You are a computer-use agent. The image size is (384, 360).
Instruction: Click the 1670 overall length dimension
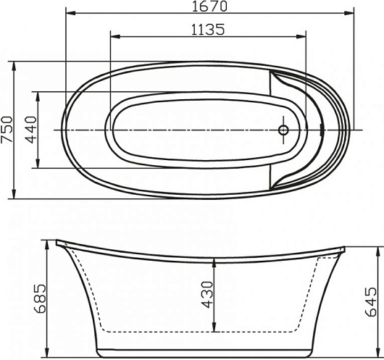point(209,7)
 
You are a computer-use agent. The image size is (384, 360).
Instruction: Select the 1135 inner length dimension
point(208,30)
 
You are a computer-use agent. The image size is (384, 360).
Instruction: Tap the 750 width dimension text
point(7,130)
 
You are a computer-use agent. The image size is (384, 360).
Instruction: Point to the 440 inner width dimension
point(31,130)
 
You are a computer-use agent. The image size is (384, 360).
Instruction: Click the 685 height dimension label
point(40,298)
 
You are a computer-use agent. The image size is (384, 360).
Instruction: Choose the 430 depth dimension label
point(207,294)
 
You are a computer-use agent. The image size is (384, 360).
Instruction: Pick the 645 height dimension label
point(370,302)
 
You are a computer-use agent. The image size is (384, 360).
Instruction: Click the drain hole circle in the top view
point(283,130)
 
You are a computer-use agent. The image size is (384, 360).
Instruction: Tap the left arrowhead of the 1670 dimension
point(71,13)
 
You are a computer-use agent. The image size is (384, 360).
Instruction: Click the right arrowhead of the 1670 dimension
point(349,13)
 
